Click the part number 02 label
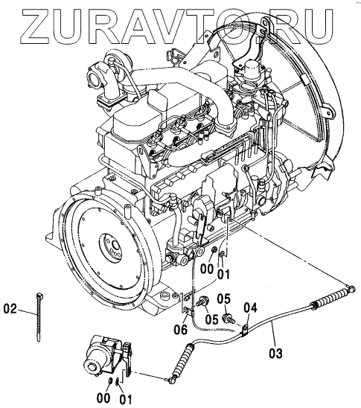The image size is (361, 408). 10,309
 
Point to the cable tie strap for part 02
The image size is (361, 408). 38,316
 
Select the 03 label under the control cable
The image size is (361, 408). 275,354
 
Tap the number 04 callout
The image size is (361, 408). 250,307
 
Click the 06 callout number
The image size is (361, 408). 180,330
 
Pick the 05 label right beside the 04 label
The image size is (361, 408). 224,299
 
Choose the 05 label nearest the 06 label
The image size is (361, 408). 211,319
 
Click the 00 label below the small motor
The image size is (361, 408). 103,398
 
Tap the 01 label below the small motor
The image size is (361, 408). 126,399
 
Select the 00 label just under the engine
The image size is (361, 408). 207,269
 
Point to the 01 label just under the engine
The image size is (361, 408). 224,274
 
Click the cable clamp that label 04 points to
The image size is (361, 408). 245,331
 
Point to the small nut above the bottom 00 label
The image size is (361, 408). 110,381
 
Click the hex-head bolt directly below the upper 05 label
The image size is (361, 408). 228,318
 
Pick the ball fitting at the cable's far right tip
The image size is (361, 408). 351,288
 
